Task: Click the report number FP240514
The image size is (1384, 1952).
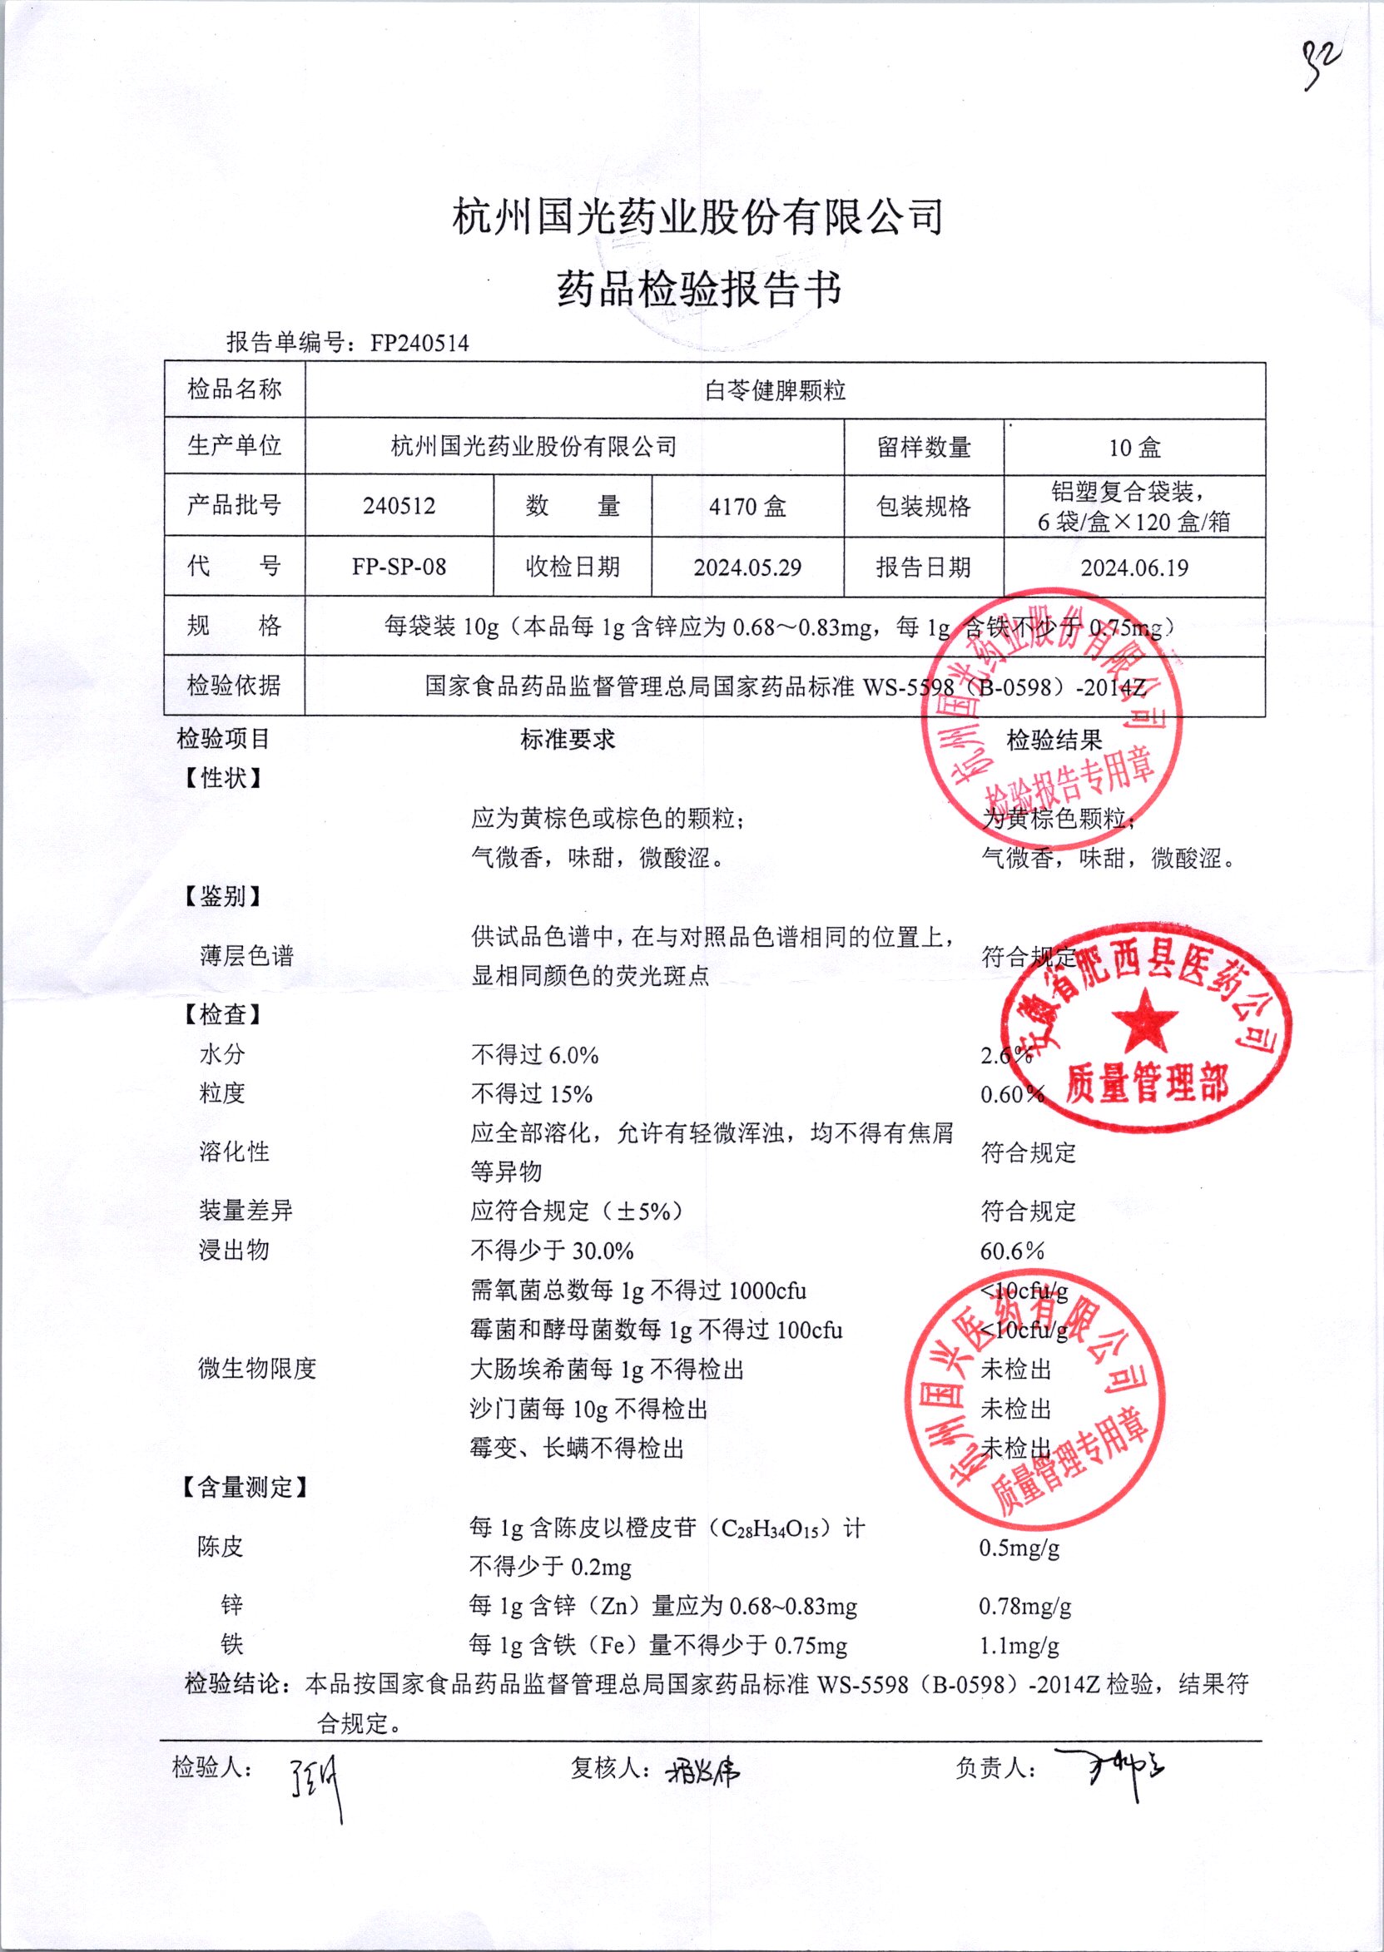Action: pos(419,344)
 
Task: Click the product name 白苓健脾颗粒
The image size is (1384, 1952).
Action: pos(775,390)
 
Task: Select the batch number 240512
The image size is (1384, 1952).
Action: pos(399,506)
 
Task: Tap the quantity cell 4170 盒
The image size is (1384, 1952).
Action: pos(747,507)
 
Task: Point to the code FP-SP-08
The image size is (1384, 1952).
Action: pos(399,567)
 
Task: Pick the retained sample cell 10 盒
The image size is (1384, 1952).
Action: pos(1134,448)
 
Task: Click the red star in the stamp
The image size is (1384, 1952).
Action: pos(1144,1020)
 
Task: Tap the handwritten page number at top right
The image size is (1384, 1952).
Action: pos(1320,64)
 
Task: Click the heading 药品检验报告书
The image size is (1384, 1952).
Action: pos(699,288)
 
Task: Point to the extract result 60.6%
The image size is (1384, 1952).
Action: pos(1013,1251)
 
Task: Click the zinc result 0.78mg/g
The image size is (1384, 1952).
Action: pos(1024,1606)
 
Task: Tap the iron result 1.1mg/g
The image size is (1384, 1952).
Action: pos(1019,1645)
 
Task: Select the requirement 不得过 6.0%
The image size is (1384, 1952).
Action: pos(534,1055)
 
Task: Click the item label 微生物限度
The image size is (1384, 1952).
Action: pos(256,1369)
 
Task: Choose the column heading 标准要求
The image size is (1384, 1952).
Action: pos(568,740)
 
